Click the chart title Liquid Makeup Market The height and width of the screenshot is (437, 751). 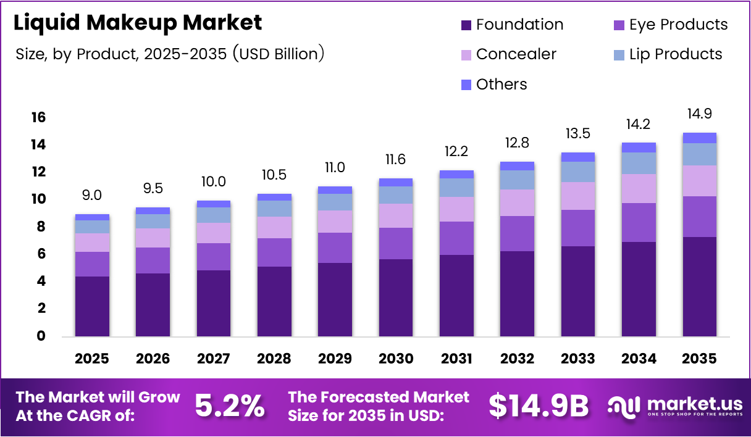click(x=138, y=23)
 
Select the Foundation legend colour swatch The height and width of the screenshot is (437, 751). click(x=466, y=25)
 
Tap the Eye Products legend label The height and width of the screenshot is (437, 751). click(x=679, y=25)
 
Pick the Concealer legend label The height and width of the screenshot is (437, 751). click(x=516, y=54)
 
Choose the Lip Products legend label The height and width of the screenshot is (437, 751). click(x=676, y=54)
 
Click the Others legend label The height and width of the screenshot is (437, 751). click(x=501, y=85)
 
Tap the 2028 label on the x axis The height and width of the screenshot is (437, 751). click(x=274, y=359)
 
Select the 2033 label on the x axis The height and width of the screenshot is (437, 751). click(x=578, y=359)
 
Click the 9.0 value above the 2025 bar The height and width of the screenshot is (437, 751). click(x=92, y=195)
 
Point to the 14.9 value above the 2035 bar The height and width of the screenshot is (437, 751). click(x=700, y=114)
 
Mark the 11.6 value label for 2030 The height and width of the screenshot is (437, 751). click(x=396, y=160)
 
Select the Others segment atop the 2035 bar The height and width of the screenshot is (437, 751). click(x=700, y=138)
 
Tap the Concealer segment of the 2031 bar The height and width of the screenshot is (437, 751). click(x=456, y=209)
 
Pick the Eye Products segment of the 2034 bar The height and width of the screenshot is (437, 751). click(x=639, y=222)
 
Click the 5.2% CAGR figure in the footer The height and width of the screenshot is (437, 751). click(x=230, y=406)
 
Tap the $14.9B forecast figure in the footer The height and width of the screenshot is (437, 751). click(x=539, y=406)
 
